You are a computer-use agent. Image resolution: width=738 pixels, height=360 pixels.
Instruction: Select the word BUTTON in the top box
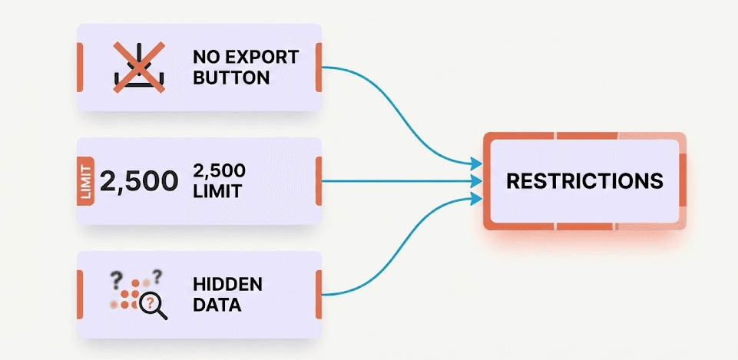[x=231, y=78]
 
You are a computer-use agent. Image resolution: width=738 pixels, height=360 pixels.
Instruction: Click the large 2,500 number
[x=139, y=181]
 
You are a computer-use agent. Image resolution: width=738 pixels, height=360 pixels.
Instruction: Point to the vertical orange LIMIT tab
[x=85, y=182]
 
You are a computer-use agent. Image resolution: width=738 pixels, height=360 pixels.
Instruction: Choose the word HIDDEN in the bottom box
[x=227, y=285]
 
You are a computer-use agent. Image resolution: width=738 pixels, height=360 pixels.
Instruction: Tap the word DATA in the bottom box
[x=217, y=305]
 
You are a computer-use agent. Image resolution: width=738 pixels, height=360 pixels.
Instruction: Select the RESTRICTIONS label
[x=584, y=181]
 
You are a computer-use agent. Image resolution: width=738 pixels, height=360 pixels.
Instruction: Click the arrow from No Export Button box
[x=399, y=107]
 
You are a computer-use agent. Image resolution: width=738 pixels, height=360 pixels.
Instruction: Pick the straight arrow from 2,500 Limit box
[x=399, y=181]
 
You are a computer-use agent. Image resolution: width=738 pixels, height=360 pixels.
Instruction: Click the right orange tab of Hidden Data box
[x=318, y=294]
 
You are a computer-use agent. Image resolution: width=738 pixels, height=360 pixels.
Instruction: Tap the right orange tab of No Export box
[x=318, y=67]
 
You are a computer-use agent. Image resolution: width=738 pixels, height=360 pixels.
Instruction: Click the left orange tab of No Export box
[x=80, y=67]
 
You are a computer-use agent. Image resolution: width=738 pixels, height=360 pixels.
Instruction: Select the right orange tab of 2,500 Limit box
[x=318, y=181]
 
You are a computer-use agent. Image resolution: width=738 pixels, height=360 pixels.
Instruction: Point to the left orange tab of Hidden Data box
[x=80, y=294]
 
